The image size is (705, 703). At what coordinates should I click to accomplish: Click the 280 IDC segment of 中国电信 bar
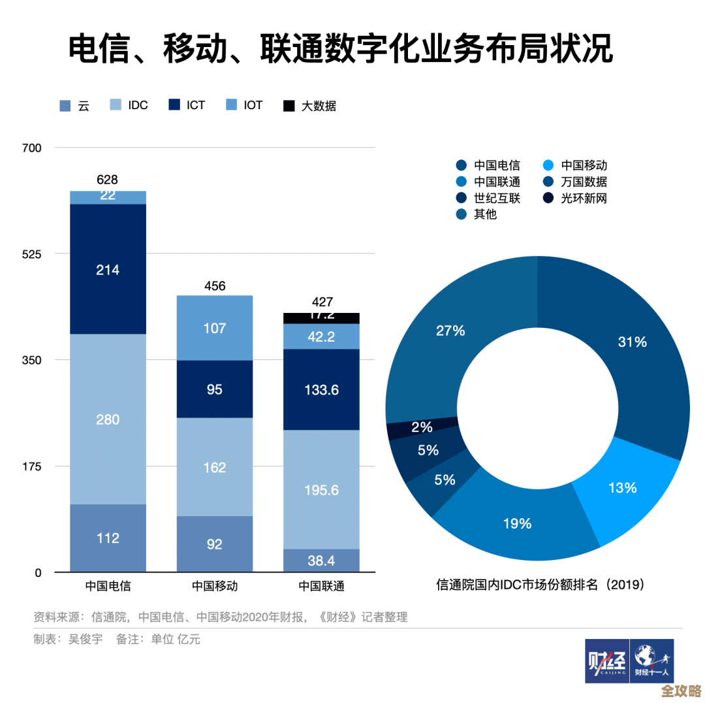(108, 419)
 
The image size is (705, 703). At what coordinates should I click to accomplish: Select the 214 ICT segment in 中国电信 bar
(108, 269)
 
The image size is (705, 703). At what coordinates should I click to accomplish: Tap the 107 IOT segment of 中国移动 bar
(215, 327)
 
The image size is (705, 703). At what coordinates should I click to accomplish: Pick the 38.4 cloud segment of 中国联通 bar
(321, 561)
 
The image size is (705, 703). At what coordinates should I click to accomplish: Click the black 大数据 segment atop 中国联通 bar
(321, 318)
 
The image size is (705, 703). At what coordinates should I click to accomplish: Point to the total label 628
(108, 180)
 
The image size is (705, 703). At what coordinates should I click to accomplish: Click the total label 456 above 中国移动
(215, 286)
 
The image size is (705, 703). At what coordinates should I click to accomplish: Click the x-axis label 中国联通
(321, 586)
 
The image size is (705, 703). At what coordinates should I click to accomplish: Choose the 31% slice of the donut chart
(631, 342)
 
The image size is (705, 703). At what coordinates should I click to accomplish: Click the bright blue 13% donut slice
(621, 487)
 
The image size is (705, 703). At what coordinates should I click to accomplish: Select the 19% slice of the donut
(517, 523)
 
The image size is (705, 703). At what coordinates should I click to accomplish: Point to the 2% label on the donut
(422, 427)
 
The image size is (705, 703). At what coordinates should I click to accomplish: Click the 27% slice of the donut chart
(450, 331)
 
